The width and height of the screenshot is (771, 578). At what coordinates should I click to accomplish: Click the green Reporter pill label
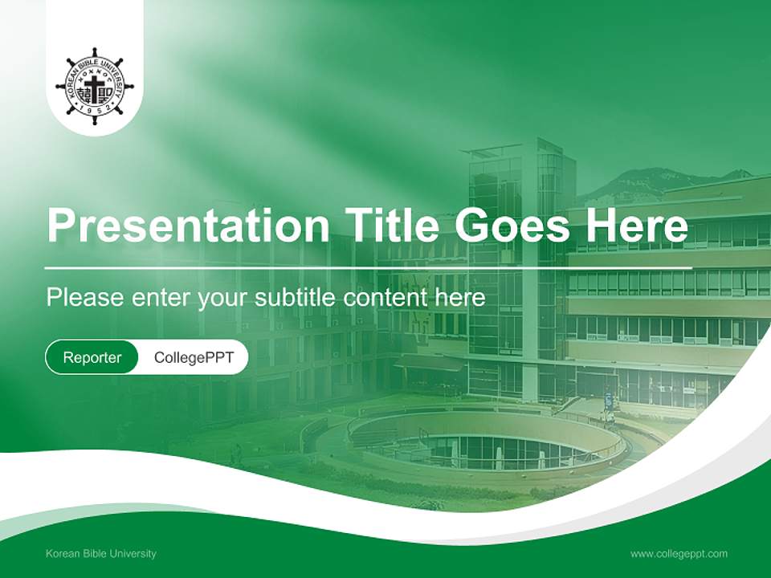[92, 357]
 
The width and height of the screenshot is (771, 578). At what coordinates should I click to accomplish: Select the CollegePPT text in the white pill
[194, 357]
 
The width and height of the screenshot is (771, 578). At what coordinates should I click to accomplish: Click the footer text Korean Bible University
[101, 553]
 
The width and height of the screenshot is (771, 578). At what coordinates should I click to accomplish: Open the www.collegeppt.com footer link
[679, 553]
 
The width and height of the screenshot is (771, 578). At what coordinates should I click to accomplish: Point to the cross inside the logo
[95, 85]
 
